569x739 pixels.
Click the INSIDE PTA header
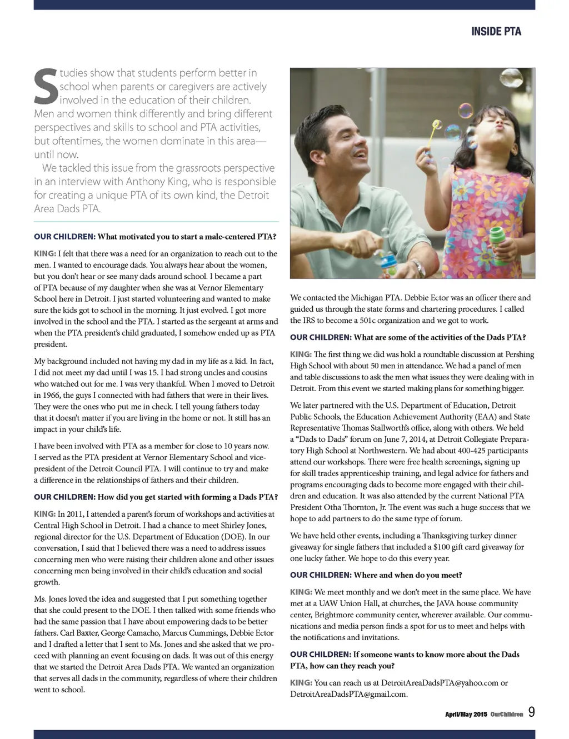coord(496,32)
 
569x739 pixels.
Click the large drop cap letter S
coord(46,87)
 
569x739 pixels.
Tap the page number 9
coord(532,712)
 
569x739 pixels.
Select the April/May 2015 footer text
coord(466,714)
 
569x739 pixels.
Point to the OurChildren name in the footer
coord(507,714)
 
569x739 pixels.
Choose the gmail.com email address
coord(349,694)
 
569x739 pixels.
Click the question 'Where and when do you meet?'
coord(407,575)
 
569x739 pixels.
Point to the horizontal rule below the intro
coord(156,222)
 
